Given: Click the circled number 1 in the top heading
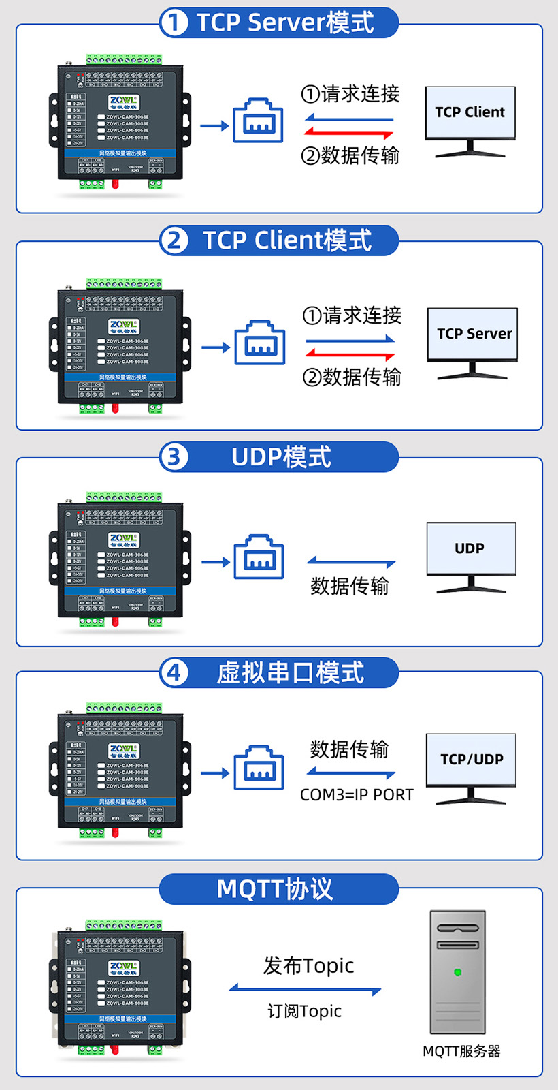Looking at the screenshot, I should (x=174, y=22).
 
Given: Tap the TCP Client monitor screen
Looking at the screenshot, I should (x=470, y=112).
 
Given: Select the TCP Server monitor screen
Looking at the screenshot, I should (x=472, y=333).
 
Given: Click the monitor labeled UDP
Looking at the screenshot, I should (x=471, y=549).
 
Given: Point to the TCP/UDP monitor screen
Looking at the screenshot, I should (x=471, y=759).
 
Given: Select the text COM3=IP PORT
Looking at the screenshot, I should (x=357, y=795).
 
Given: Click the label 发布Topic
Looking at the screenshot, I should (x=309, y=965).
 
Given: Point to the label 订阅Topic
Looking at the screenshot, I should (x=304, y=1011).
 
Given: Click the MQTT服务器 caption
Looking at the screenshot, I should (x=461, y=1051).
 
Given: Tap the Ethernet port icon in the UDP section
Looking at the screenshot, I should (x=259, y=559).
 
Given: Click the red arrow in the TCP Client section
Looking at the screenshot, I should (x=350, y=354).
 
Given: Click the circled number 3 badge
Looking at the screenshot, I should (x=174, y=456).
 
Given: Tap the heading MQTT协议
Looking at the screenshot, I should (x=275, y=889).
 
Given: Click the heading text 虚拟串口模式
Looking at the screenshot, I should (x=291, y=673).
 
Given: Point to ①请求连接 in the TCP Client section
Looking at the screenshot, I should (x=352, y=315).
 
